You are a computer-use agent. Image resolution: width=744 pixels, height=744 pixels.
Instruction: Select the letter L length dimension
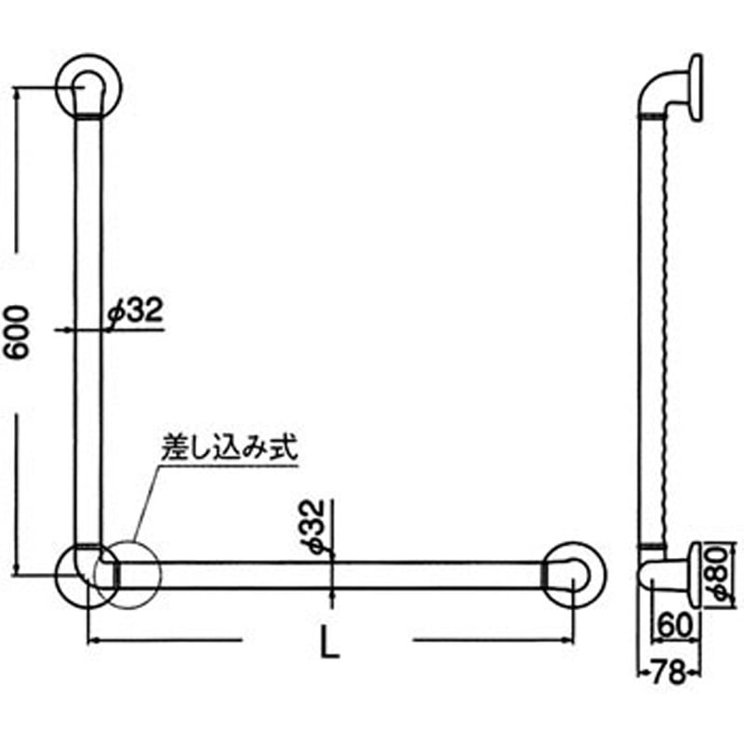point(327,641)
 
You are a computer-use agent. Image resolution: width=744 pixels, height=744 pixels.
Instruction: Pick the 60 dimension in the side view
point(674,621)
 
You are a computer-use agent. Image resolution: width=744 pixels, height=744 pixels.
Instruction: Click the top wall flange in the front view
point(90,87)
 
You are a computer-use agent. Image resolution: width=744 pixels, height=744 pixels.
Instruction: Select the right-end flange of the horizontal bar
point(572,574)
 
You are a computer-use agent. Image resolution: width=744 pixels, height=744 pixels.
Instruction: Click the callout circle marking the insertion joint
point(134,574)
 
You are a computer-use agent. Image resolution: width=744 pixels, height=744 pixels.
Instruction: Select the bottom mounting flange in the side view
point(696,574)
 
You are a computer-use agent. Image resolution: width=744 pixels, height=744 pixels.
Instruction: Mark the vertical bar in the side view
point(649,325)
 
